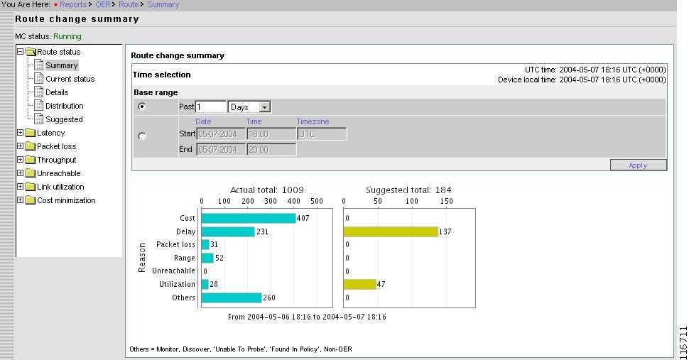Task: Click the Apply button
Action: coord(638,165)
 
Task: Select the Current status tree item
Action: coord(70,79)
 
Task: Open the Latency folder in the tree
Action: coord(50,133)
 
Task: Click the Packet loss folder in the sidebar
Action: coord(56,146)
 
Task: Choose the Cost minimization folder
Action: coord(65,200)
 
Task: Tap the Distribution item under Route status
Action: coord(64,106)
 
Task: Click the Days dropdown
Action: coord(249,107)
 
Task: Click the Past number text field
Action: coord(210,107)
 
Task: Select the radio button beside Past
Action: coord(142,107)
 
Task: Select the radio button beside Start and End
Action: coord(142,136)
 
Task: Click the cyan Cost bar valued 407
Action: coord(248,218)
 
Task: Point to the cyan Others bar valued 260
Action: coord(232,298)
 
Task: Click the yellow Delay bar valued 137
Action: coord(391,231)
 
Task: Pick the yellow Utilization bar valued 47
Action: coord(359,284)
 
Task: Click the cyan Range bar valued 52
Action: coord(207,258)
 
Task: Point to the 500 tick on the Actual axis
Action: coord(317,201)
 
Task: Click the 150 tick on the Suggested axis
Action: coord(447,201)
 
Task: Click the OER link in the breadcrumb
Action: coord(103,4)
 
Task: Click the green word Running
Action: coord(67,36)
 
